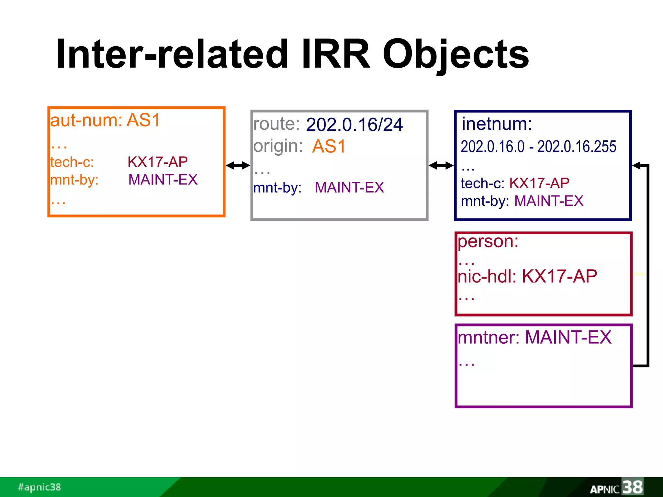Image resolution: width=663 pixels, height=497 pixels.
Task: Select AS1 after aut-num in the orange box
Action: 143,120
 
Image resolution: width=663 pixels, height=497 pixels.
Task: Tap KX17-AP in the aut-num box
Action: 158,162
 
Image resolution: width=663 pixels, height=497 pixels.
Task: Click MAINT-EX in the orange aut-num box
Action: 163,180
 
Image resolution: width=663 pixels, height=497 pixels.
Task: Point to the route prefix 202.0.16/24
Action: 354,125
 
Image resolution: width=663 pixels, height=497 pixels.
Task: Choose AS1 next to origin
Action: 329,147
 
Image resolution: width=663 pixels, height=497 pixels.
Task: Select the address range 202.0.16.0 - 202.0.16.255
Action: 538,147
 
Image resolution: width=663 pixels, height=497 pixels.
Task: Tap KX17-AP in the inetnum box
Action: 539,183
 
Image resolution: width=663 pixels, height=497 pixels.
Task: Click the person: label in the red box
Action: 488,242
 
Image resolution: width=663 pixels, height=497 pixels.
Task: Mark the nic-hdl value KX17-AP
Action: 559,277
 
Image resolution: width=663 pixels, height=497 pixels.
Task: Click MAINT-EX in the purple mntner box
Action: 568,337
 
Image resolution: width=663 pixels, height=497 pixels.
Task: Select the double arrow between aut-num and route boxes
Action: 238,166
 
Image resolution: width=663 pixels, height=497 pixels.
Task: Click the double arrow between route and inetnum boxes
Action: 441,166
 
